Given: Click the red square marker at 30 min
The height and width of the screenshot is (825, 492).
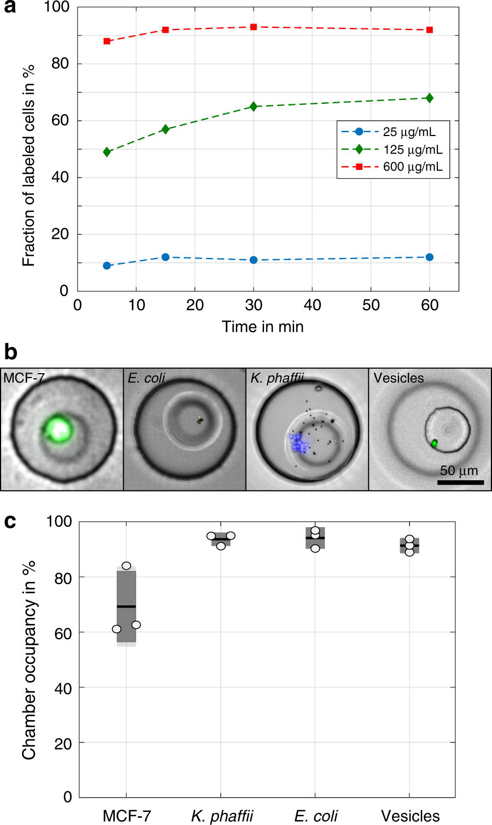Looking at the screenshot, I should (x=254, y=27).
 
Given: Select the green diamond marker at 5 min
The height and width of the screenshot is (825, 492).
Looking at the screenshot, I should (x=107, y=152).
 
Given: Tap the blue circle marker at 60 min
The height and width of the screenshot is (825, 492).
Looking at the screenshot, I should (x=430, y=257).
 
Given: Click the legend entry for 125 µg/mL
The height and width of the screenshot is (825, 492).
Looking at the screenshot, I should (x=392, y=150).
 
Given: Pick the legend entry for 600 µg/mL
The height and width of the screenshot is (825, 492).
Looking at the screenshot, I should (x=392, y=167).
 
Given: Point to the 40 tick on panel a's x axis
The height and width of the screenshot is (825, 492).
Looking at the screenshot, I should (x=312, y=305).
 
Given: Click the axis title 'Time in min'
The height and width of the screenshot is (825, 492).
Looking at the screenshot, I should (x=262, y=327).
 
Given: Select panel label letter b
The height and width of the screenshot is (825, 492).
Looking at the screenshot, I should (x=10, y=352).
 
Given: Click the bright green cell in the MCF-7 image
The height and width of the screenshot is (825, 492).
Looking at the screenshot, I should (x=58, y=429).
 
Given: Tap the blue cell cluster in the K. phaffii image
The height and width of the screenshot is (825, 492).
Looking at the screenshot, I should (x=298, y=443).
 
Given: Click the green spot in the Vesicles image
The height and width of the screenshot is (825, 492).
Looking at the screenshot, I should (x=435, y=443).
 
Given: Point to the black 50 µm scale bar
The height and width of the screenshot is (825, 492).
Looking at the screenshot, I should (x=461, y=482).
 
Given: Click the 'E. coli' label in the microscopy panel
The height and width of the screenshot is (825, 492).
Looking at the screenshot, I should (x=147, y=378).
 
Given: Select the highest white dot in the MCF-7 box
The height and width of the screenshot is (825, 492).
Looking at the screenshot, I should (x=126, y=566).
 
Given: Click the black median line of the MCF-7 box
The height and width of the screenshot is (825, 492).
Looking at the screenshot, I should (x=126, y=606).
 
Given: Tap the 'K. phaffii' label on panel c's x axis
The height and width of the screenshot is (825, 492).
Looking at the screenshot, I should (x=222, y=816).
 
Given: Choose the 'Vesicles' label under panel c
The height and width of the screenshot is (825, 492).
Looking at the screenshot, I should (x=410, y=816).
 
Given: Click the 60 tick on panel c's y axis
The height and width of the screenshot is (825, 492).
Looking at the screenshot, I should (x=63, y=633).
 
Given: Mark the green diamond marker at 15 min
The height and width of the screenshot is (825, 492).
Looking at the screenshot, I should (x=166, y=129).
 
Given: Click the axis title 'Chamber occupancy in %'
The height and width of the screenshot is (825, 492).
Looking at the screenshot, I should (x=28, y=659).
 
